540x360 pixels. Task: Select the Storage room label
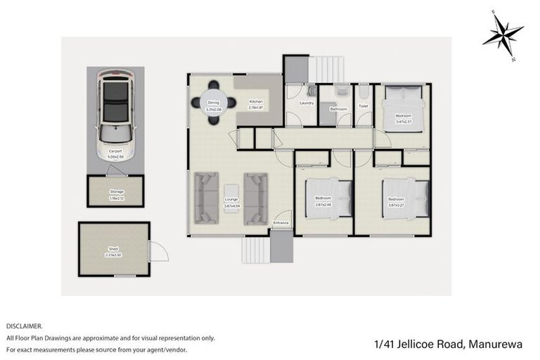pyautogui.click(x=116, y=191)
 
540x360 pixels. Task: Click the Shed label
pyautogui.click(x=113, y=249)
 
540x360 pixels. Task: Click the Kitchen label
pyautogui.click(x=256, y=102)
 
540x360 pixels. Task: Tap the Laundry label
pyautogui.click(x=307, y=103)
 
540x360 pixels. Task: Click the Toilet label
pyautogui.click(x=364, y=106)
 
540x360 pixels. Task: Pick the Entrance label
pyautogui.click(x=281, y=223)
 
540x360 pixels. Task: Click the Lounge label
pyautogui.click(x=231, y=200)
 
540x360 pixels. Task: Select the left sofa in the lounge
pyautogui.click(x=206, y=198)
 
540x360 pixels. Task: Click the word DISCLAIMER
pyautogui.click(x=24, y=326)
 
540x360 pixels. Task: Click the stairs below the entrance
pyautogui.click(x=255, y=250)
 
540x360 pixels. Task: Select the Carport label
pyautogui.click(x=115, y=151)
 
